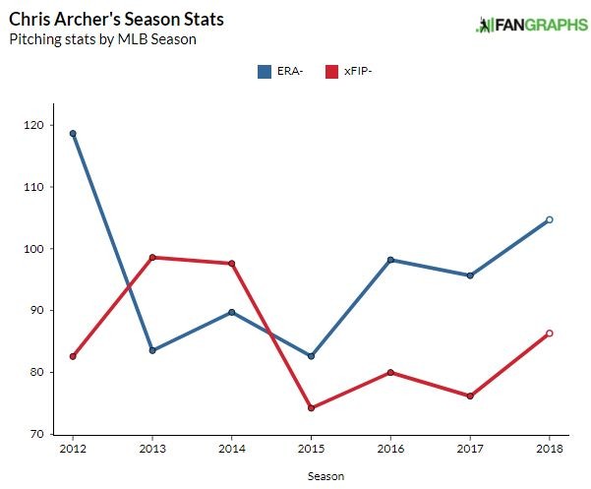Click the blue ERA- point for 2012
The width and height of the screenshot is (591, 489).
click(x=73, y=134)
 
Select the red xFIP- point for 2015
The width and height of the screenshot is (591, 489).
click(x=311, y=408)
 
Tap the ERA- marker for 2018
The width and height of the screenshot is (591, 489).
click(x=549, y=219)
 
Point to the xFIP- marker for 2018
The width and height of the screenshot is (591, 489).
click(x=549, y=334)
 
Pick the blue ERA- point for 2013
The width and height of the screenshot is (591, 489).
click(x=152, y=350)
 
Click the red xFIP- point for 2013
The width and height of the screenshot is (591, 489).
click(x=152, y=258)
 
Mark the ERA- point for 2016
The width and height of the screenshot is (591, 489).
click(x=390, y=260)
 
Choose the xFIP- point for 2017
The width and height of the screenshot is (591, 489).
click(x=470, y=397)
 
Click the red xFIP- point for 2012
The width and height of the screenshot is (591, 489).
click(x=73, y=356)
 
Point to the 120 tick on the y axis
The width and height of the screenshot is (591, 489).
click(x=31, y=125)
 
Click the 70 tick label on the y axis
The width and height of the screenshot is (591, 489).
click(x=34, y=434)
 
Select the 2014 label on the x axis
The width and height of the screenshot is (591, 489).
click(x=231, y=449)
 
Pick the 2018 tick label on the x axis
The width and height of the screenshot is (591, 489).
click(x=549, y=449)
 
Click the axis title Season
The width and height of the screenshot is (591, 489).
click(x=311, y=474)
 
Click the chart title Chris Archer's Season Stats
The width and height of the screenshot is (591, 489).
click(x=102, y=20)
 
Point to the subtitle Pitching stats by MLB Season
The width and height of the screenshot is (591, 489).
click(x=102, y=39)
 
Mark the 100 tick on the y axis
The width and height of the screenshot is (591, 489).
click(x=31, y=249)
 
